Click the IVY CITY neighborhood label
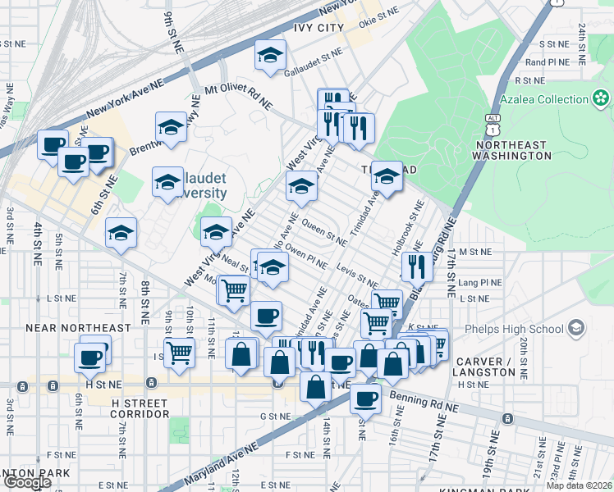(x=307, y=28)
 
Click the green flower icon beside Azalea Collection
(x=601, y=99)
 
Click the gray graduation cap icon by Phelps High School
(x=577, y=328)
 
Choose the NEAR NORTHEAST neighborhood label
(x=78, y=328)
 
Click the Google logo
(x=28, y=482)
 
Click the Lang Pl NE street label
(x=480, y=283)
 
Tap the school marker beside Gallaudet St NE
(x=268, y=56)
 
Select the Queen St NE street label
(x=323, y=232)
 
